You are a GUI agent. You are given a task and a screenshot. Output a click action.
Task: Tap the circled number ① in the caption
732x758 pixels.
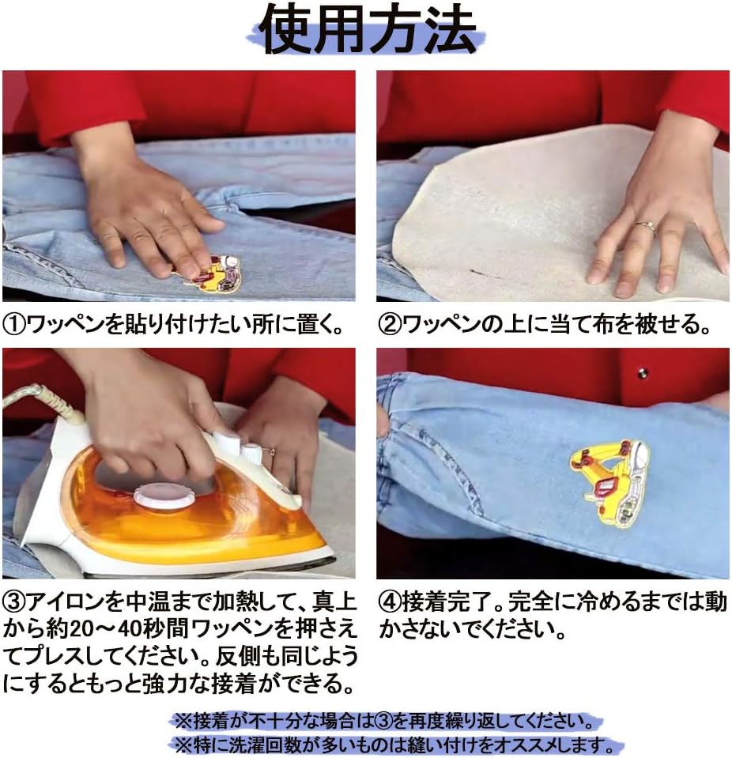(15, 325)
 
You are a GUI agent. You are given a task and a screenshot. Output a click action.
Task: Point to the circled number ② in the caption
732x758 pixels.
(390, 325)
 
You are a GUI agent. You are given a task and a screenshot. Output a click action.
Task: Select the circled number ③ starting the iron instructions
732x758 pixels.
(15, 603)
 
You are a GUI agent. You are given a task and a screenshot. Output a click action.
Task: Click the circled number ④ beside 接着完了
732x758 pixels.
(390, 603)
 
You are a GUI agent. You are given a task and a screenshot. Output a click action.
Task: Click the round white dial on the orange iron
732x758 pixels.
(164, 496)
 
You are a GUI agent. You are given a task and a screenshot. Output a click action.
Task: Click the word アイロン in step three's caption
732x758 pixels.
(66, 603)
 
